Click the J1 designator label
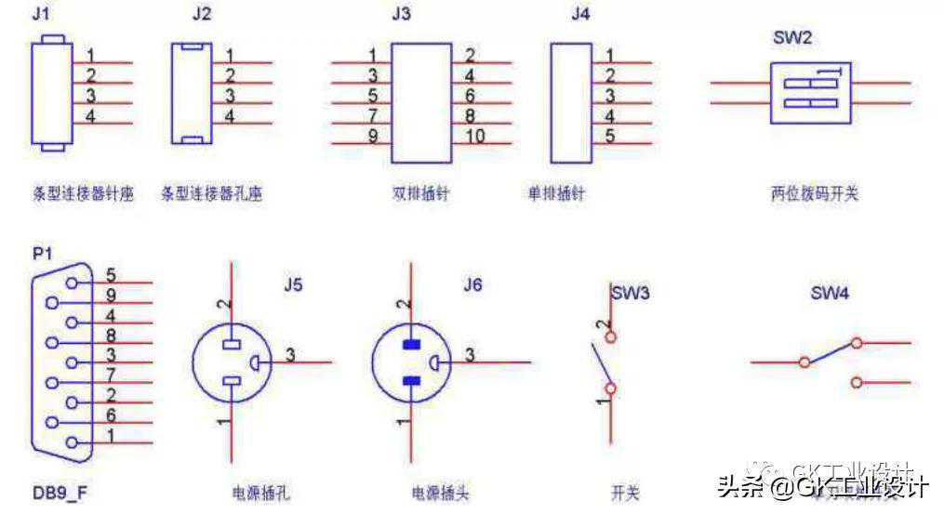pyautogui.click(x=41, y=14)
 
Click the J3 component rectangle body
pyautogui.click(x=421, y=102)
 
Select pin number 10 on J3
pyautogui.click(x=475, y=137)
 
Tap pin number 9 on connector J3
pyautogui.click(x=372, y=137)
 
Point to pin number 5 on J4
pyautogui.click(x=609, y=136)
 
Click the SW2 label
pyautogui.click(x=792, y=39)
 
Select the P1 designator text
pyautogui.click(x=43, y=253)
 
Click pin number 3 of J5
pyautogui.click(x=290, y=353)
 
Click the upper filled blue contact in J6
pyautogui.click(x=411, y=344)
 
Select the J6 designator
pyautogui.click(x=472, y=285)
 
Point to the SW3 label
pyautogui.click(x=630, y=293)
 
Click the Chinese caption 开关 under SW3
pyautogui.click(x=625, y=493)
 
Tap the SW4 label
pyautogui.click(x=830, y=293)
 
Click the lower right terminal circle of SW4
pyautogui.click(x=857, y=381)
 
